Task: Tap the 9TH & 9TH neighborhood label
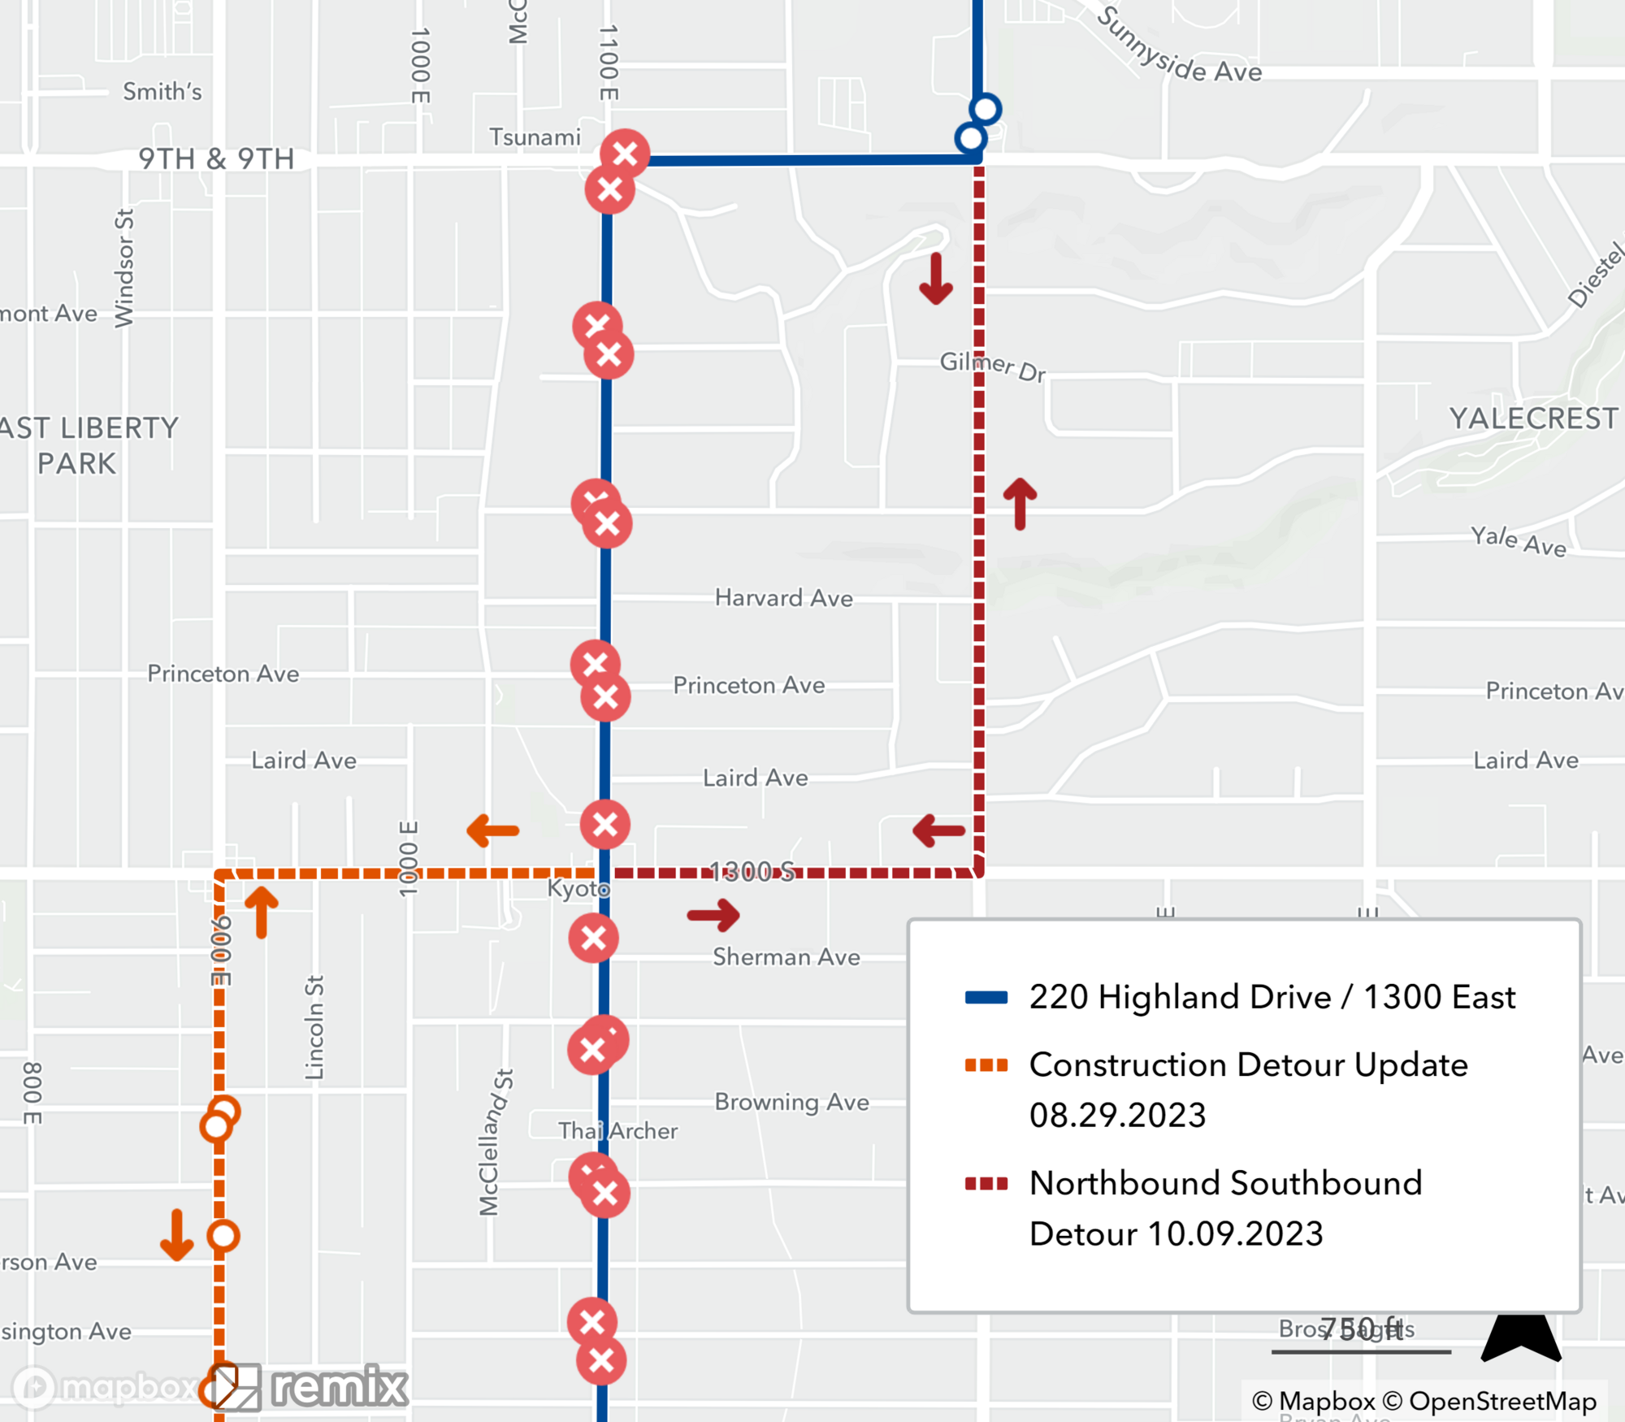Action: point(216,158)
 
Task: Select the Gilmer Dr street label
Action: point(992,366)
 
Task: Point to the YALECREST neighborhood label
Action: point(1533,418)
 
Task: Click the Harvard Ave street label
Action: point(783,598)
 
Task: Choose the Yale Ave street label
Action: point(1518,541)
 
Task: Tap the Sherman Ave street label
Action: point(786,957)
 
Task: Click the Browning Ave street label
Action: point(791,1102)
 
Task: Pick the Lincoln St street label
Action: point(314,1028)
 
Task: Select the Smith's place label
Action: point(162,92)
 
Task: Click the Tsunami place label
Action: point(535,137)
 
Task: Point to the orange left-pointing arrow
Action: point(492,830)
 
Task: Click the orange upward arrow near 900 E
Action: point(262,912)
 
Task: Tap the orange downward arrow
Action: point(177,1235)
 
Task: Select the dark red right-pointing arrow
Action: point(713,915)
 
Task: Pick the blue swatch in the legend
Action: point(986,998)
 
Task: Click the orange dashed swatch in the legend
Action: point(986,1065)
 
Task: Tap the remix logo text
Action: point(339,1386)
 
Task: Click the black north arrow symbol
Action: point(1520,1337)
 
